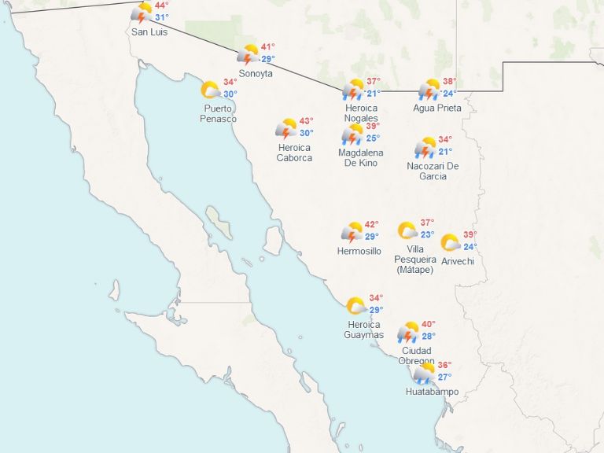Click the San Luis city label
coord(149,32)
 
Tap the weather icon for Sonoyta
coord(249,54)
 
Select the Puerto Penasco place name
coord(219,113)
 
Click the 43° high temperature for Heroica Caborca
coord(306,121)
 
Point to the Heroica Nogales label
coord(361,112)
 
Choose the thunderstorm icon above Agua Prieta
coord(429,89)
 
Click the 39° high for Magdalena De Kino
coord(373,126)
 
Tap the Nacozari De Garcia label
coord(433,171)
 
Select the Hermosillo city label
coord(359,251)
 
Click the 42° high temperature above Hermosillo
coord(371,224)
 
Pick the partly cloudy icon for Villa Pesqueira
coord(407,230)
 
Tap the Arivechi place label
coord(458,261)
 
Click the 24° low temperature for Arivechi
coord(470,247)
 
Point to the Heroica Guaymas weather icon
coord(356,306)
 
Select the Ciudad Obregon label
coord(416,355)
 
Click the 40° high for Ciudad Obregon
coord(429,324)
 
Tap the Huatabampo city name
coord(432,392)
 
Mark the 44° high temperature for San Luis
coord(161,6)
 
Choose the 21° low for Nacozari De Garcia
coord(445,152)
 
